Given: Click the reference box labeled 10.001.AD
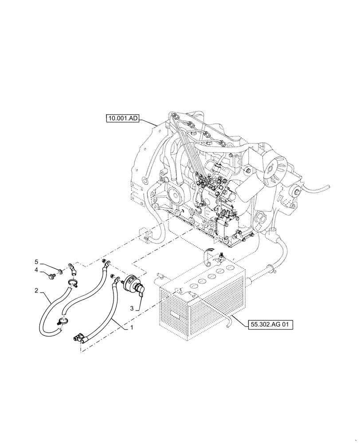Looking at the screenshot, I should click(x=123, y=118).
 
